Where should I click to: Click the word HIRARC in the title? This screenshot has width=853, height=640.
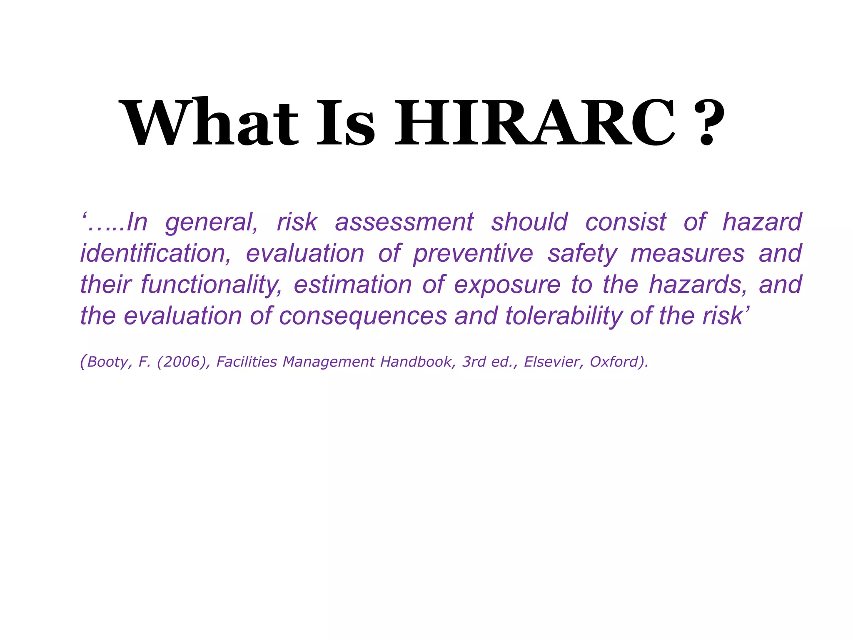(x=534, y=122)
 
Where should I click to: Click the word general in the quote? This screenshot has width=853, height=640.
(x=212, y=222)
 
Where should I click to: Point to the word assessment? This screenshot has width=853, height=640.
(x=404, y=222)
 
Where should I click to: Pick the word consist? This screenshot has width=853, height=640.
(x=626, y=222)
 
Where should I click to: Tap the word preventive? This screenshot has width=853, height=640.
(x=473, y=253)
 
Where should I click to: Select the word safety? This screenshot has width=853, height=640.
(x=582, y=253)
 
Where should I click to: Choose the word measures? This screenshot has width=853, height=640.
(x=688, y=253)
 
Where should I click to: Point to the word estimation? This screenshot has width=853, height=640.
(x=353, y=285)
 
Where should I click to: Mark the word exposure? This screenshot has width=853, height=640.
(x=507, y=285)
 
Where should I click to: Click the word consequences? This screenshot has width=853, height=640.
(x=363, y=316)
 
